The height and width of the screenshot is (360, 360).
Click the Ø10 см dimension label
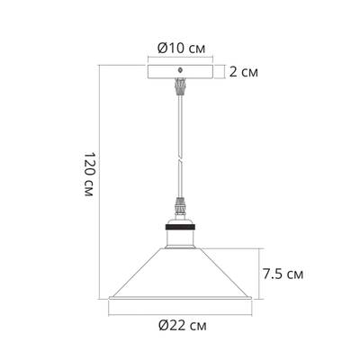[x=179, y=48]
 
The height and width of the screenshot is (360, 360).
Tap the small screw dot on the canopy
[x=179, y=68]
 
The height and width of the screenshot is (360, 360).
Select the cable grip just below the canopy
[x=179, y=87]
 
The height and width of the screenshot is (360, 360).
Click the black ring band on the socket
[x=179, y=228]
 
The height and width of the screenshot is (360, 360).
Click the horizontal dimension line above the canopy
[x=179, y=58]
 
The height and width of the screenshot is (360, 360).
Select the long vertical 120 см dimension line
[x=100, y=180]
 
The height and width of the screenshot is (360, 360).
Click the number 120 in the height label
[x=86, y=171]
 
